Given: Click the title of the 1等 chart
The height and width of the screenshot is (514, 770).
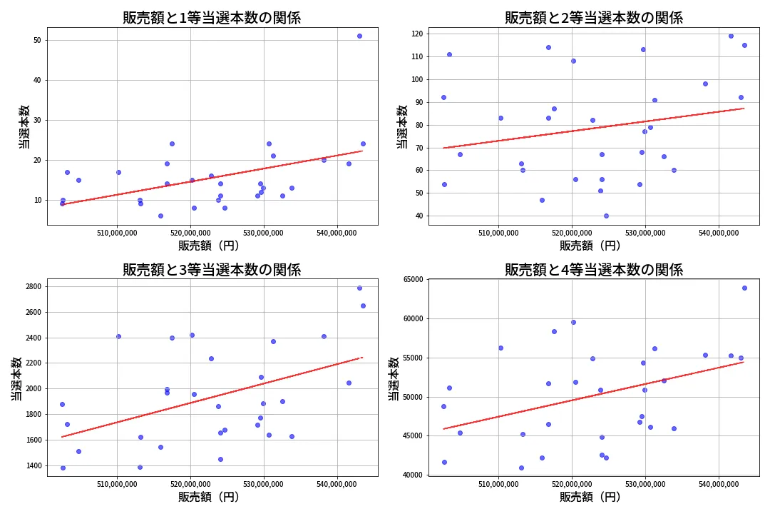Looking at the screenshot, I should (x=212, y=18).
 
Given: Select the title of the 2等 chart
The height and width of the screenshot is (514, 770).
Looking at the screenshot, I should (x=594, y=18).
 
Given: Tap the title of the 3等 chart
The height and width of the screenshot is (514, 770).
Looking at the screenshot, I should (x=212, y=270).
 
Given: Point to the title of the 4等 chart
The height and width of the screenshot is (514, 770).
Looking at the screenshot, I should (x=594, y=270).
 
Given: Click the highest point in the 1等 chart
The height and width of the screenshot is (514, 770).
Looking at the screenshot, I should (x=359, y=36).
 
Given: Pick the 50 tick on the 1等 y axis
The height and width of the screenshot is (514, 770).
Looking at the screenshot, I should (x=37, y=40).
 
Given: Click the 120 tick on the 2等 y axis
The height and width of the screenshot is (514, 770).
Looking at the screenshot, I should (x=416, y=34).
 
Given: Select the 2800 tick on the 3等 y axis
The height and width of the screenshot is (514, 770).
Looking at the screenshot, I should (x=31, y=287).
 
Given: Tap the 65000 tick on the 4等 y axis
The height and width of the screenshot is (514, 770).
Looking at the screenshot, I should (x=411, y=280).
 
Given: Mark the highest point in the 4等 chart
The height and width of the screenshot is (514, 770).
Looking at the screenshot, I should (x=744, y=288).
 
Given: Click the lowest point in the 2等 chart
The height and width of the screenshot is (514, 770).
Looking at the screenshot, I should (x=606, y=216).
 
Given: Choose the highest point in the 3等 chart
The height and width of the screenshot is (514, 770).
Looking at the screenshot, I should (x=359, y=288).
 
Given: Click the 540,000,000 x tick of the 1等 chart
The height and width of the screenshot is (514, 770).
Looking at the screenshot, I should (x=337, y=233).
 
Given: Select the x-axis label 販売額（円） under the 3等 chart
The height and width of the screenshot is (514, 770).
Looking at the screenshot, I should (x=209, y=497).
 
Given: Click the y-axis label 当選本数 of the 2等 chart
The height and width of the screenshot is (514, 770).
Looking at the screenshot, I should (x=402, y=126).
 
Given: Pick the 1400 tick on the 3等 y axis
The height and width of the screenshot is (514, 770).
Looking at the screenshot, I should (x=31, y=465).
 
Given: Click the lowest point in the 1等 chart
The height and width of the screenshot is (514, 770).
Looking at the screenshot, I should (x=160, y=216).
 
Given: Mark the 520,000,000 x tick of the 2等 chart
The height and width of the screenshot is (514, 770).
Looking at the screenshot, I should (x=572, y=233).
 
